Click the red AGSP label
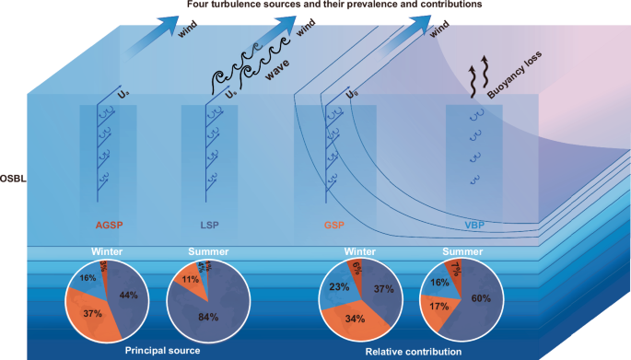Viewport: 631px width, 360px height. (x=110, y=225)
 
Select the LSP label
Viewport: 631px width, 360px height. (x=211, y=225)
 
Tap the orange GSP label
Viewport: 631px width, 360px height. (x=336, y=225)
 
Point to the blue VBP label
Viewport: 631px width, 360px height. (x=473, y=225)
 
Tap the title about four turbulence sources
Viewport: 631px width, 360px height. (x=318, y=6)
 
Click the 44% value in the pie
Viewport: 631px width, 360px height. (x=128, y=295)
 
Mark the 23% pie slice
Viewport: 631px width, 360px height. (x=338, y=286)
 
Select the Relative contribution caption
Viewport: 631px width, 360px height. (x=403, y=349)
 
